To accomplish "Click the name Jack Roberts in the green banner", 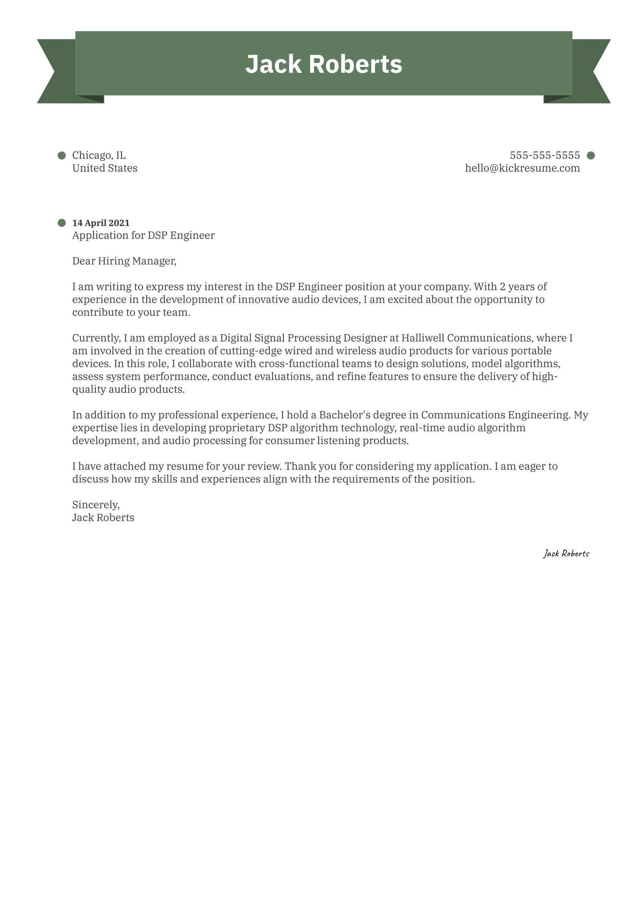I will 323,64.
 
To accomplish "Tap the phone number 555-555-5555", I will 545,155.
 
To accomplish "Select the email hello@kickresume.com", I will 522,168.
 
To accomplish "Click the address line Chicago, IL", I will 99,155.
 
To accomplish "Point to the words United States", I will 105,168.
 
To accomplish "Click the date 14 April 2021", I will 101,223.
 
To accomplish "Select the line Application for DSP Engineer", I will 143,235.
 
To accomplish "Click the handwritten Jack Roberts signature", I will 566,553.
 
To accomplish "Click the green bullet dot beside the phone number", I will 590,155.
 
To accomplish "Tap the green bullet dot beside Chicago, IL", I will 62,155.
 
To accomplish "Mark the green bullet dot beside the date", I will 62,223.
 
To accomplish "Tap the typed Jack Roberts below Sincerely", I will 103,517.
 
